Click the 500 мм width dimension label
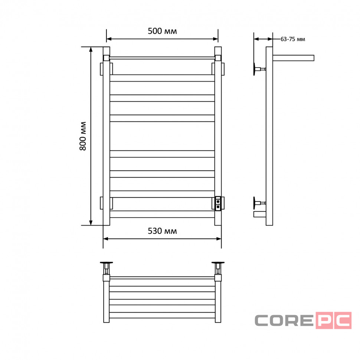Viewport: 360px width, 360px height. pos(162,31)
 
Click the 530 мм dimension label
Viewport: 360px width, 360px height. pos(162,231)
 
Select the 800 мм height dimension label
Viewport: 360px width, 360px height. pos(83,136)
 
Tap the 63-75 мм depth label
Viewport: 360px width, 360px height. pos(293,39)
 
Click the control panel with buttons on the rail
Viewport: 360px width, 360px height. pos(218,204)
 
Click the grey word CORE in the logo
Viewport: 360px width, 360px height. pos(284,320)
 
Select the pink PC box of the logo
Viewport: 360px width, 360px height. pos(334,320)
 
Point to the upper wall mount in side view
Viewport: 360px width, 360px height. pos(259,69)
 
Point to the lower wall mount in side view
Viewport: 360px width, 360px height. pos(259,203)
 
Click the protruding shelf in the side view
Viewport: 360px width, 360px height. pos(293,58)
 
